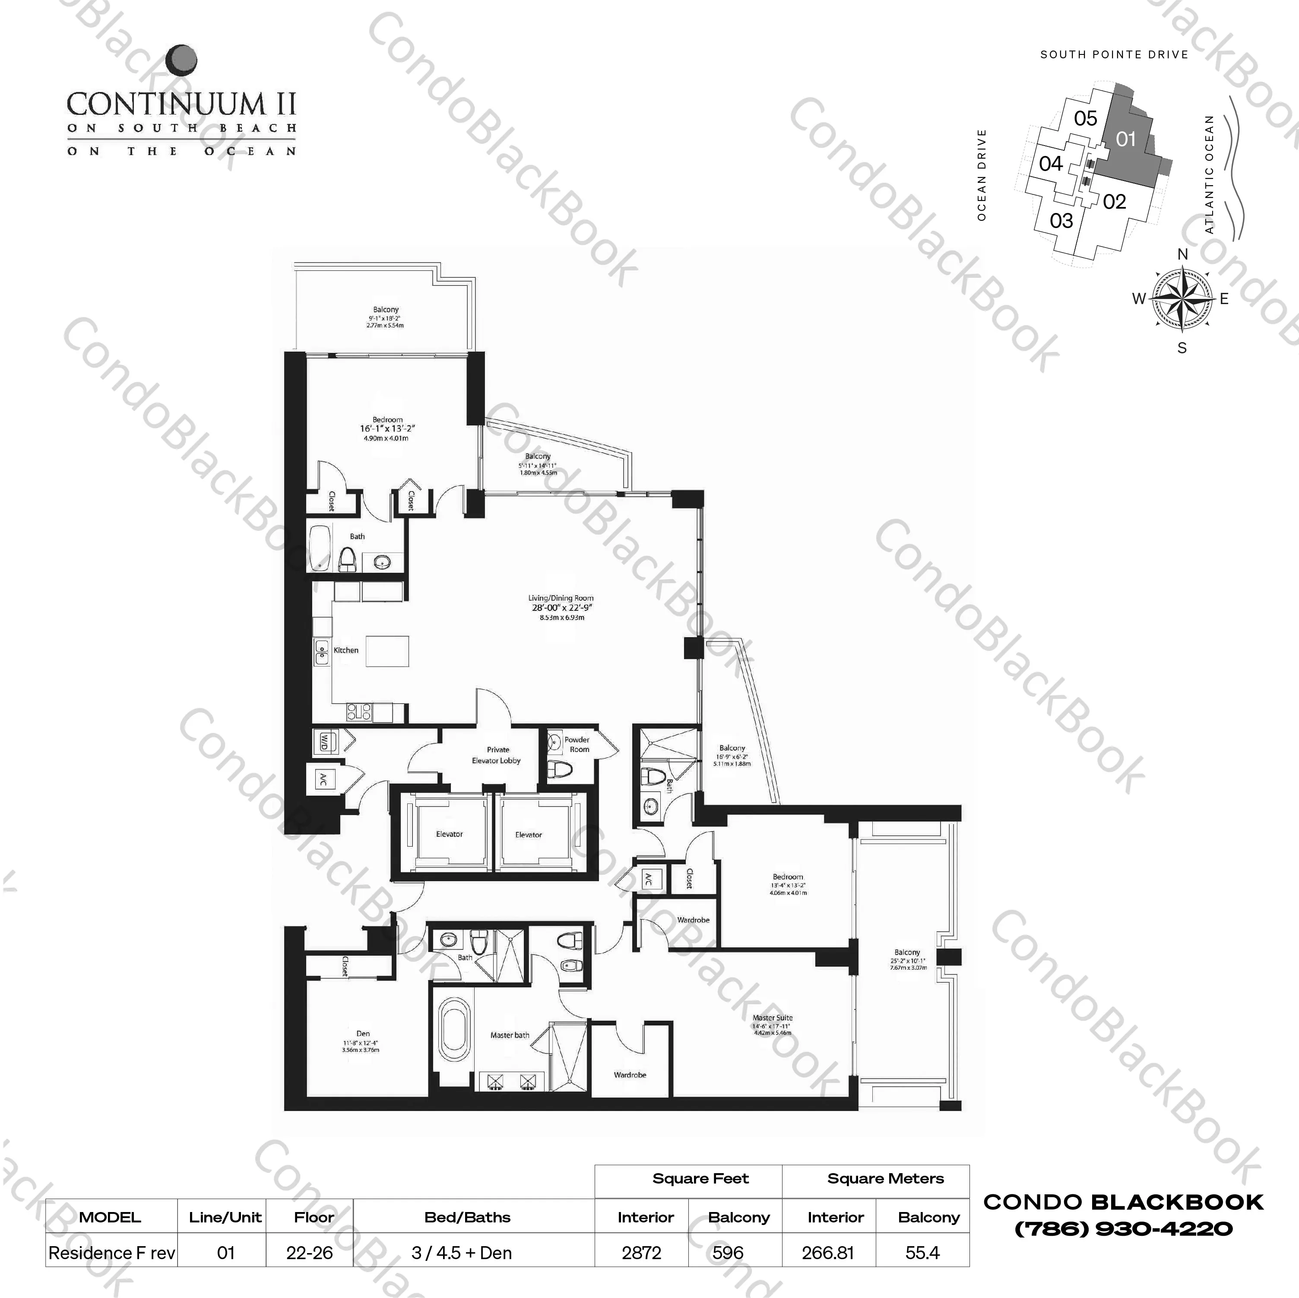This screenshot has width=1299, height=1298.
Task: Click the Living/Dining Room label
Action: pos(561,598)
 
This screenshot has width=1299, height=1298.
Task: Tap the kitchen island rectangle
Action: pos(387,651)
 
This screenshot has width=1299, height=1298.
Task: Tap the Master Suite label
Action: pos(773,1018)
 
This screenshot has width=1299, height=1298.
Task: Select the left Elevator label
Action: pos(449,835)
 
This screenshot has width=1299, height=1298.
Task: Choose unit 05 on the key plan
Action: pos(1085,118)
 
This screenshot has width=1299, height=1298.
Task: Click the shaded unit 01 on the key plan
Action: pos(1126,139)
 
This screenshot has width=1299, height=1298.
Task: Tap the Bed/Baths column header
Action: pos(467,1217)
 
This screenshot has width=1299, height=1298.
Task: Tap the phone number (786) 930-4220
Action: pos(1124,1229)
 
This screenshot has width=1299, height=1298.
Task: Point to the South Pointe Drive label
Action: pos(1114,54)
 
